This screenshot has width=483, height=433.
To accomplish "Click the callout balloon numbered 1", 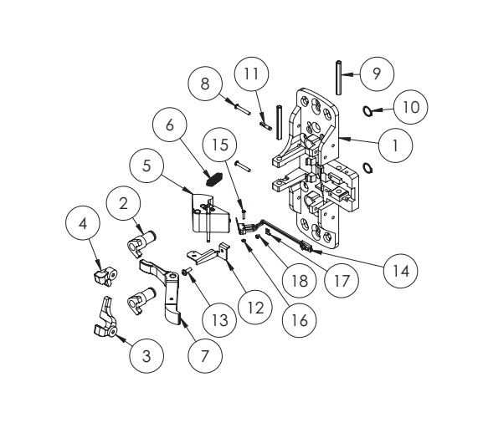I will [393, 144].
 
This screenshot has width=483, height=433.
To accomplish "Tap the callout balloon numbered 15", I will [220, 144].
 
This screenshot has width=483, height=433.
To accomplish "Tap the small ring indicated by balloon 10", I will [367, 110].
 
